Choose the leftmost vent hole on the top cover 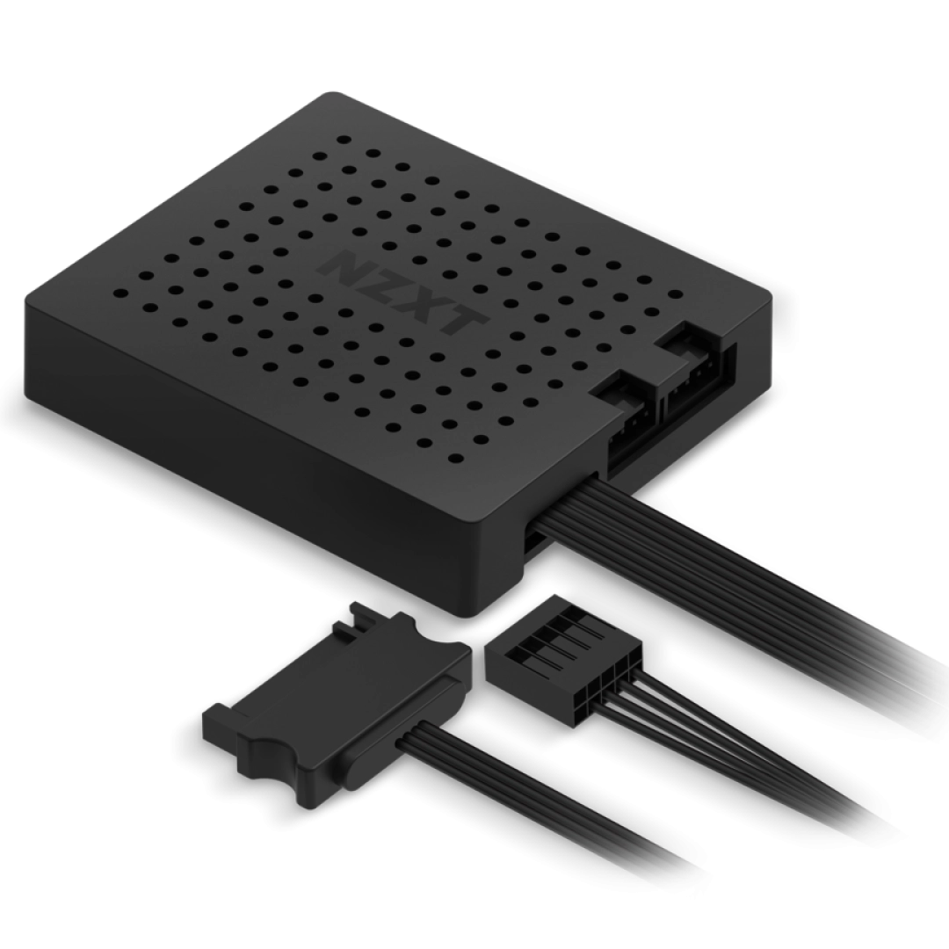[x=120, y=293]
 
